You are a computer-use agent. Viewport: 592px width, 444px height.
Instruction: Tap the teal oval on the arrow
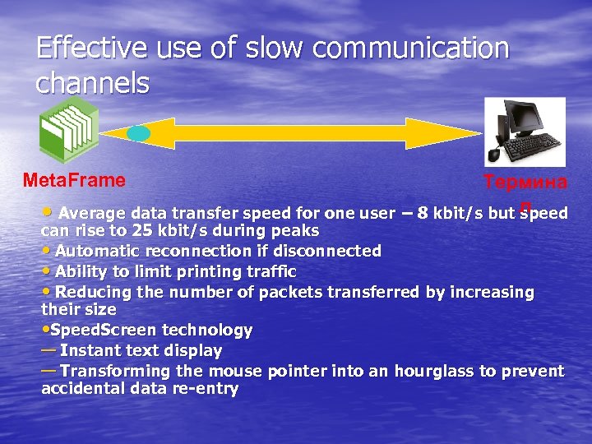[139, 133]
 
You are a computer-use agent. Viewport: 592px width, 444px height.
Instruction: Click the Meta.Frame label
[74, 180]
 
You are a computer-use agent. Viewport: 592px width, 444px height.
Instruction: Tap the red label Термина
[525, 183]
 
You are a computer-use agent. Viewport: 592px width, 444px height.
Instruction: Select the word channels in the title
[92, 82]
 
